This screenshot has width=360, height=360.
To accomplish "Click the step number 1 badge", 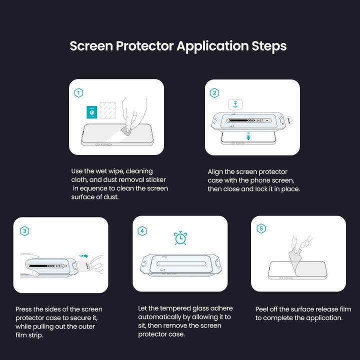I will pyautogui.click(x=78, y=93).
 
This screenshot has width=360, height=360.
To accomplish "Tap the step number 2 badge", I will pyautogui.click(x=214, y=93).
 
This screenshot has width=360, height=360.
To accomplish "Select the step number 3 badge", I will pyautogui.click(x=24, y=231).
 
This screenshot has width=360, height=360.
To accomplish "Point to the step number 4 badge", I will pyautogui.click(x=142, y=231).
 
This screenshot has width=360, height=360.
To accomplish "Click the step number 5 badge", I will pyautogui.click(x=261, y=229).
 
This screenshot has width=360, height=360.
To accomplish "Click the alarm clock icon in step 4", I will pyautogui.click(x=180, y=238).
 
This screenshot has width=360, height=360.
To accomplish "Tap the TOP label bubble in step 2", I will pyautogui.click(x=235, y=104).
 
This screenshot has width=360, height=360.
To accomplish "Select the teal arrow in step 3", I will pyautogui.click(x=83, y=255).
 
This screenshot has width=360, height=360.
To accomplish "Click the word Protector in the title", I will pyautogui.click(x=144, y=46).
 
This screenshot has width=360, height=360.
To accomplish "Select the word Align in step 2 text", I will pyautogui.click(x=216, y=171).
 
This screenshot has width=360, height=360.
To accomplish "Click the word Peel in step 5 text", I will pyautogui.click(x=262, y=309).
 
